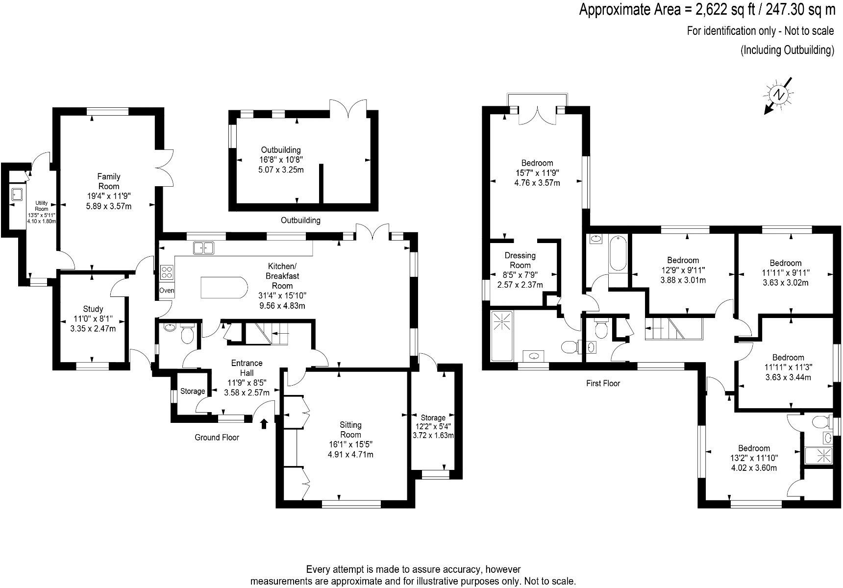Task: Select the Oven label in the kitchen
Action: click(167, 291)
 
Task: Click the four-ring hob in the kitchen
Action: click(167, 272)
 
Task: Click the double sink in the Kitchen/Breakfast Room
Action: click(204, 248)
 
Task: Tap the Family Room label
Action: click(109, 181)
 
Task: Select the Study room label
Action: click(93, 309)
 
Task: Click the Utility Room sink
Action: click(18, 195)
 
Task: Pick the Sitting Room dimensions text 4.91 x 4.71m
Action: click(350, 454)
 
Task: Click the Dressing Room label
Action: click(520, 260)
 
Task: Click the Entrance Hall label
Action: click(247, 367)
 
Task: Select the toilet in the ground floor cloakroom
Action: click(187, 334)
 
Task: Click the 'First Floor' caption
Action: click(603, 383)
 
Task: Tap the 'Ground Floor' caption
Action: click(217, 437)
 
